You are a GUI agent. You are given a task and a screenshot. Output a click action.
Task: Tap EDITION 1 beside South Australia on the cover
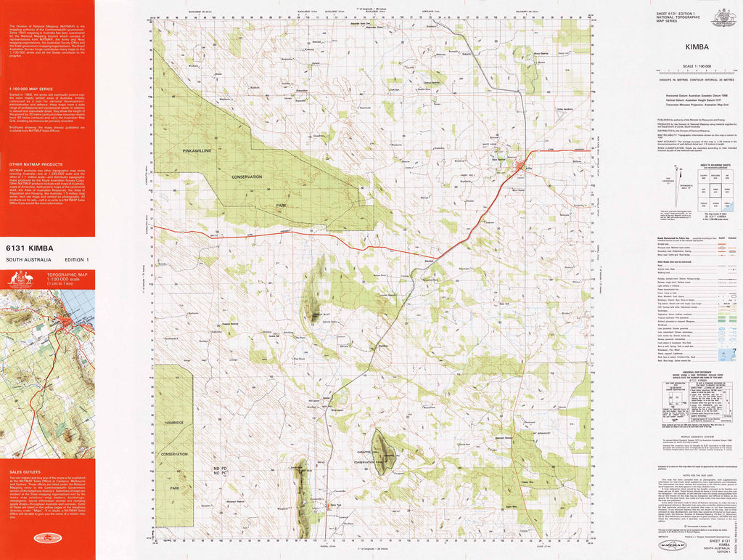tap(76, 260)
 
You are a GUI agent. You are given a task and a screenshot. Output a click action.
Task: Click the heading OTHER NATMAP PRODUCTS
tap(33, 165)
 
